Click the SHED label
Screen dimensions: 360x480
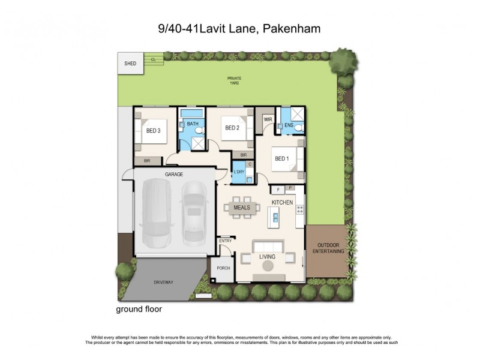[130, 63]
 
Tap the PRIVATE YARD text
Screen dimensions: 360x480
[233, 80]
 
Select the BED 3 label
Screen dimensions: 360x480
[153, 130]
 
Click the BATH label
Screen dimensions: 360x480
[192, 124]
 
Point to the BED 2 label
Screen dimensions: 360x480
[232, 128]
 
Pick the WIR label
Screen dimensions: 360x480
[268, 120]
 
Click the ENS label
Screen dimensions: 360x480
[289, 125]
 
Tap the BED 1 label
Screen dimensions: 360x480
[282, 158]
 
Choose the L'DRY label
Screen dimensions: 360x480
[239, 173]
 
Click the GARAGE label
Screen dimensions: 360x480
[175, 174]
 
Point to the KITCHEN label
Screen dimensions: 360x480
[282, 203]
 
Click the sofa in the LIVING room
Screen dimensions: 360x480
[268, 247]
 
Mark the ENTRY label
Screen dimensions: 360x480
[225, 241]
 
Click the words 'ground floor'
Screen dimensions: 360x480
[139, 310]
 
